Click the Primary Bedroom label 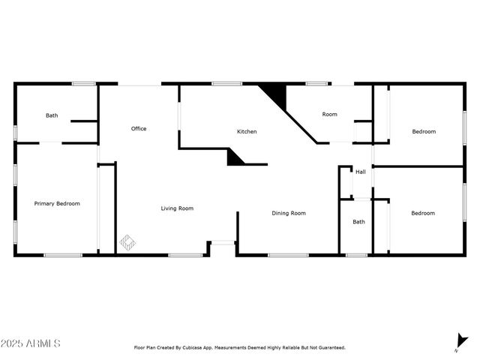57,203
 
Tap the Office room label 139,129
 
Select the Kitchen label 247,132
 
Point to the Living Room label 177,208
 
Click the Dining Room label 289,213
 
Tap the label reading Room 329,115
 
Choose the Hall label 361,172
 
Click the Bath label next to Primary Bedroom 52,115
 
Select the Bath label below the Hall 359,221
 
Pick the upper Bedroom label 424,132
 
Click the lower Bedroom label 423,213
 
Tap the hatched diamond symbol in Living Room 128,242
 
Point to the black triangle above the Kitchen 277,95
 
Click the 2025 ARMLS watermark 31,343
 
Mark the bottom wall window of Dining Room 288,255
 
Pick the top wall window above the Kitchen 221,83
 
